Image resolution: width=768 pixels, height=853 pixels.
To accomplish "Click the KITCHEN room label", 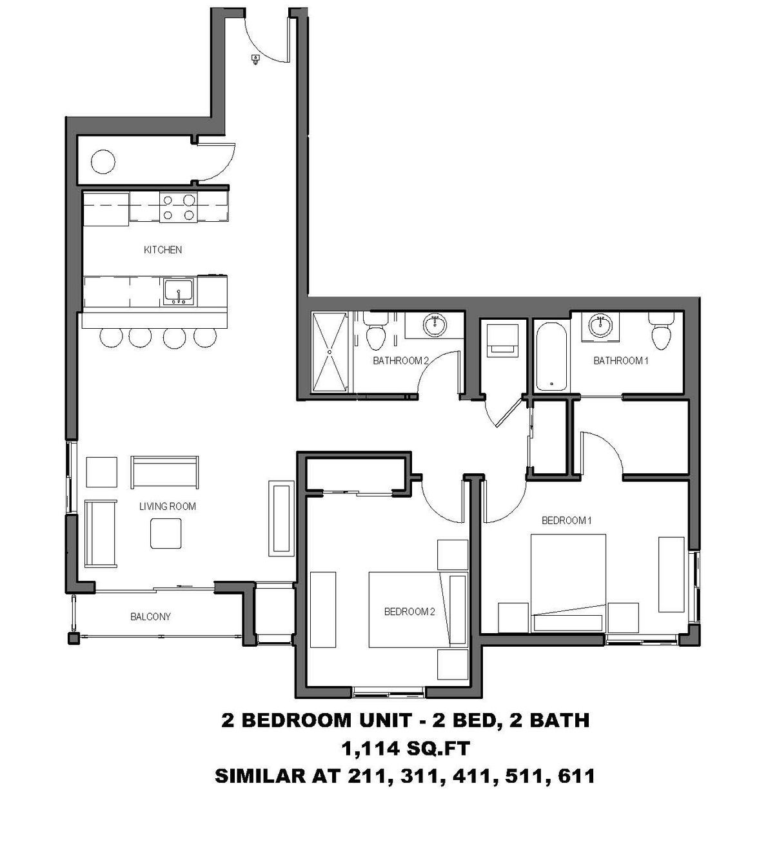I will tap(162, 250).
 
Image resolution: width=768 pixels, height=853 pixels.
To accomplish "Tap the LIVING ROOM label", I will tap(168, 506).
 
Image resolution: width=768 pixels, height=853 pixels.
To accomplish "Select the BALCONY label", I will tap(150, 616).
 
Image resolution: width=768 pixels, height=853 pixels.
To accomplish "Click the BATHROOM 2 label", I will tap(400, 360).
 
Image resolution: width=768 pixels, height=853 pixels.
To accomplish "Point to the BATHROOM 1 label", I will tap(620, 360).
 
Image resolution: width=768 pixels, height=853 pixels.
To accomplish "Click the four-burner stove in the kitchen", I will tap(179, 208).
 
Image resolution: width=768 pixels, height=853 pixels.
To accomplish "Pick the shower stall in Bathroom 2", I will tap(330, 352).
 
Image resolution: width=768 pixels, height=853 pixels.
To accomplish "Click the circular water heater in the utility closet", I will tap(104, 161).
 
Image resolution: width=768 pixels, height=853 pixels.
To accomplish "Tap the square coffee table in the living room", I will tap(166, 533).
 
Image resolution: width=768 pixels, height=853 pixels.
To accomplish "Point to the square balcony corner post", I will tap(74, 638).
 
